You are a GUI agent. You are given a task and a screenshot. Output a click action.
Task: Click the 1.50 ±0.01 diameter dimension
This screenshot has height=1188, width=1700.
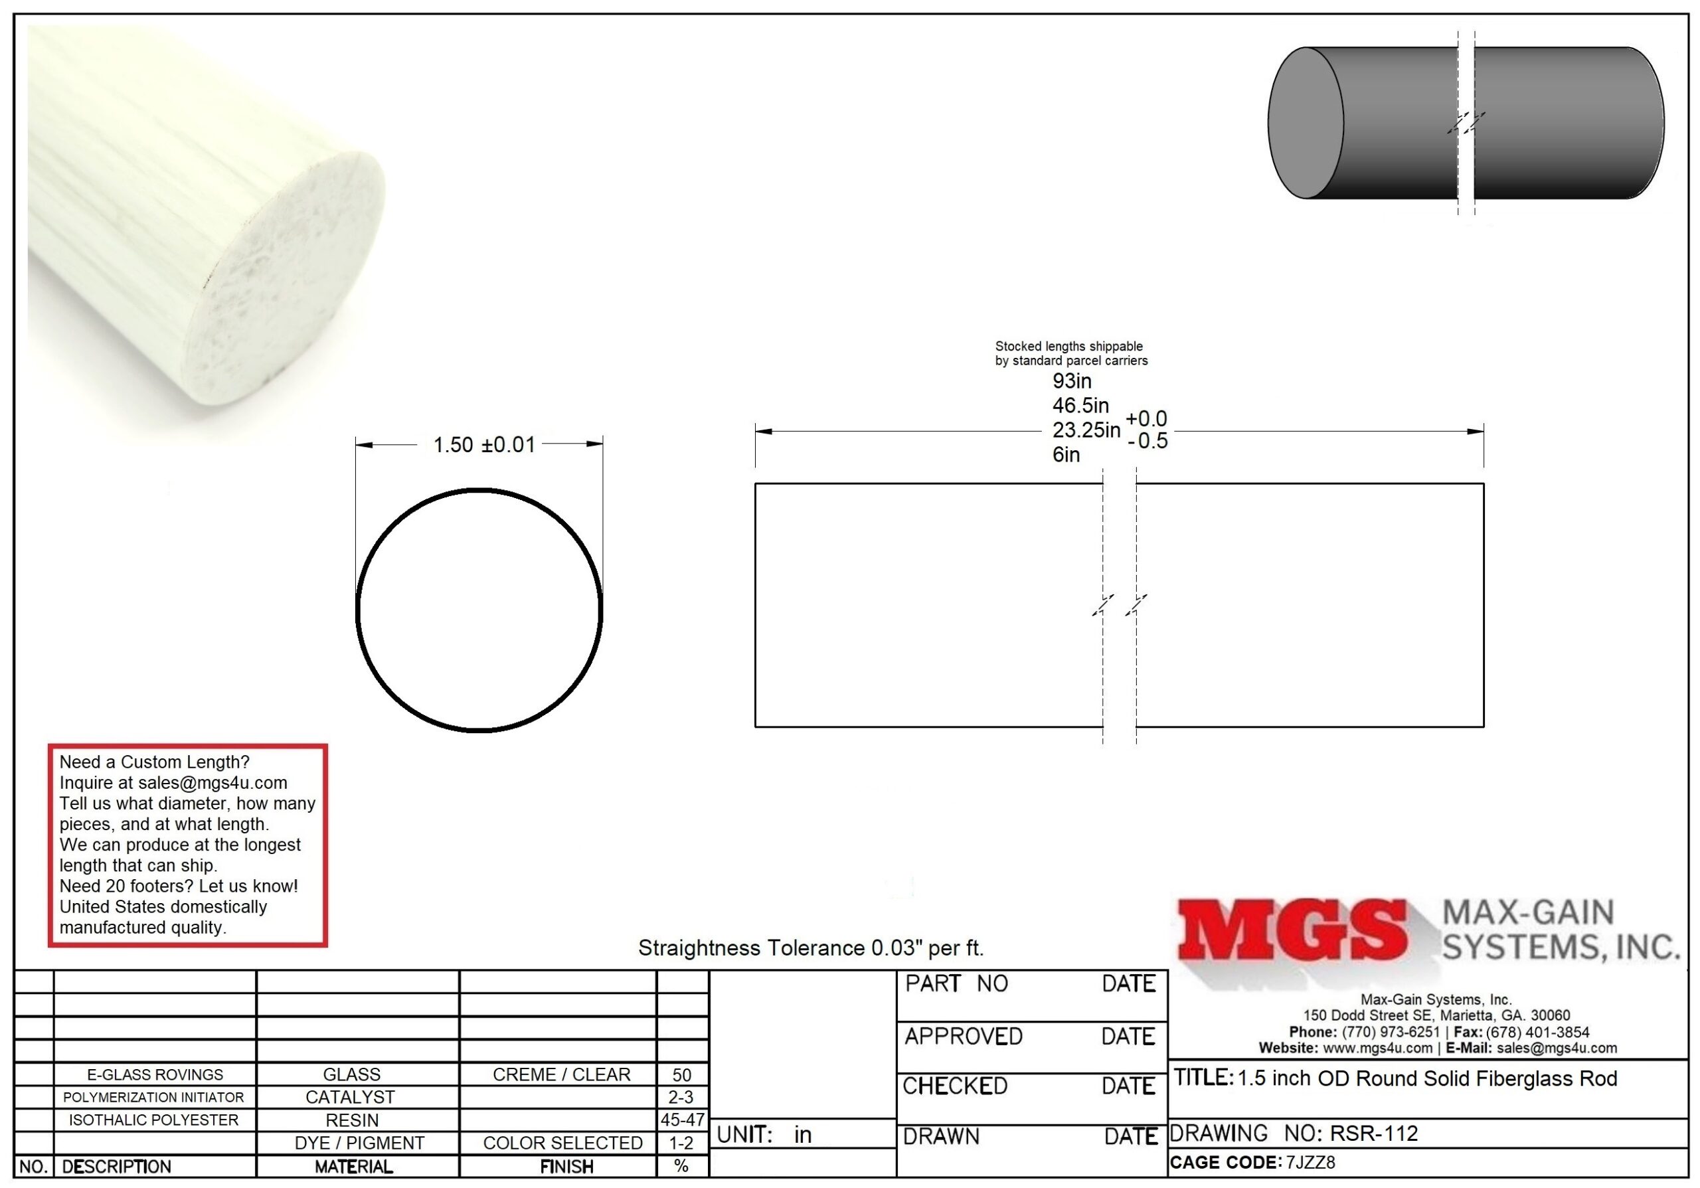483,445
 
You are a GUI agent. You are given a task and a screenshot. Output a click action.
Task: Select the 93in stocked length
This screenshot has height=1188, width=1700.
1071,381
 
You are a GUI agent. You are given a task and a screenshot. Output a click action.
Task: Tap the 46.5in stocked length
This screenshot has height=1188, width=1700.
1080,406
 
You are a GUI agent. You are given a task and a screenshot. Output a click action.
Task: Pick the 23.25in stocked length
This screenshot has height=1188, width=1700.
1086,430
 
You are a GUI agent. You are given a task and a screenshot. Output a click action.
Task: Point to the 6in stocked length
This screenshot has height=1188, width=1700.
1066,454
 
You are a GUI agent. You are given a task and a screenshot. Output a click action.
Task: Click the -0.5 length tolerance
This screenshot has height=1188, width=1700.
1147,441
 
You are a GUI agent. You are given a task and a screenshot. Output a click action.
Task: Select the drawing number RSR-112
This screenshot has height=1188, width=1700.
1373,1134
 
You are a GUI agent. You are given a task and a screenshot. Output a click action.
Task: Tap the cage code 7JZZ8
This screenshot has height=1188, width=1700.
1311,1162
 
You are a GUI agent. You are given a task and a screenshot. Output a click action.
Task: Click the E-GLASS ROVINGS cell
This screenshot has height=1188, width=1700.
155,1074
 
